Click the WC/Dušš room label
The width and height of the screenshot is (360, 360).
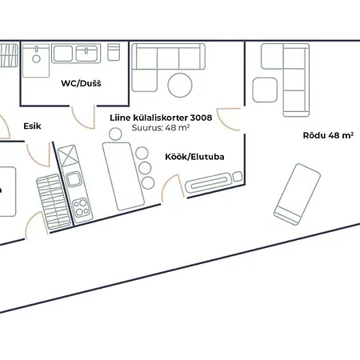(x=82, y=84)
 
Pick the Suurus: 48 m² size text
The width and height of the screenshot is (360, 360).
(x=159, y=127)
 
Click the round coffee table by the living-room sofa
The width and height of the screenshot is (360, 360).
(x=180, y=84)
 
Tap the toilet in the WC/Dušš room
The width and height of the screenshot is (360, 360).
(x=114, y=53)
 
